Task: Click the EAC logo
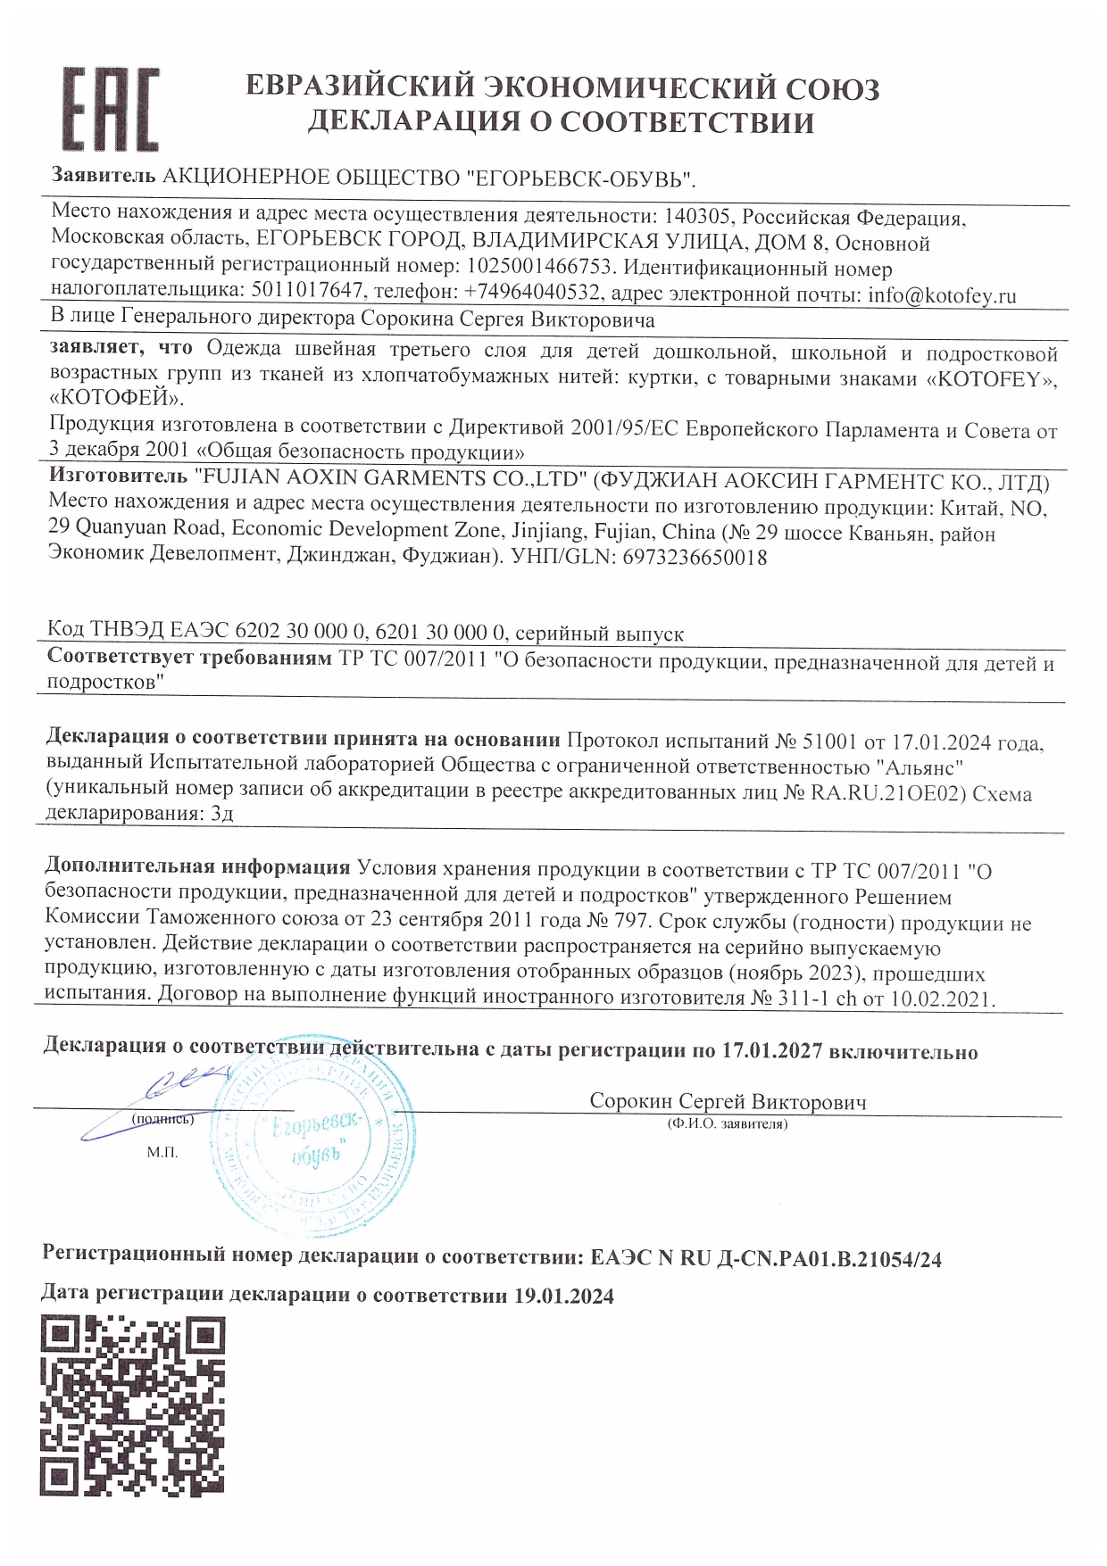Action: pos(110,109)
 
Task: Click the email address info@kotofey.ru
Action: pos(942,295)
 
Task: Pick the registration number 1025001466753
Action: pos(539,267)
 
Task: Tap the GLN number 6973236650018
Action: pos(694,558)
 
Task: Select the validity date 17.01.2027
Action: pos(771,1051)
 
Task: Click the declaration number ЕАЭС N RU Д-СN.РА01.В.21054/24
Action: pos(766,1259)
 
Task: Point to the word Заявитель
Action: pos(104,177)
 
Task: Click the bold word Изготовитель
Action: pos(118,477)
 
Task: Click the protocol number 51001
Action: pos(830,742)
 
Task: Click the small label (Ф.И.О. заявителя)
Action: pos(728,1124)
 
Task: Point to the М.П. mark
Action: pos(162,1152)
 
